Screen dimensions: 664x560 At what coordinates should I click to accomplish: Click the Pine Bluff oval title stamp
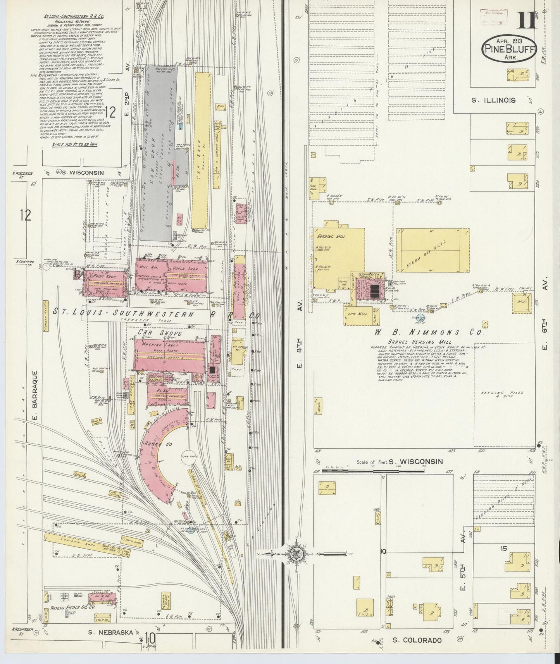[x=509, y=48]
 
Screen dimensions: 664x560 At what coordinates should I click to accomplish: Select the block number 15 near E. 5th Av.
[x=503, y=549]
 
